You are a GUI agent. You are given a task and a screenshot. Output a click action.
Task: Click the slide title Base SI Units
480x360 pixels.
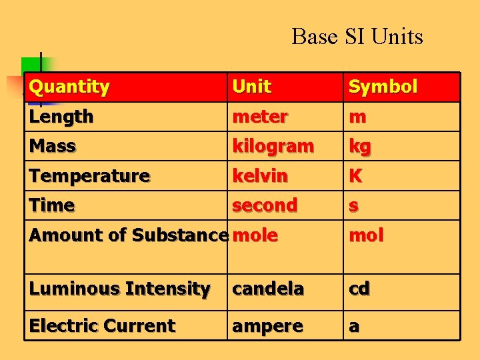tap(357, 36)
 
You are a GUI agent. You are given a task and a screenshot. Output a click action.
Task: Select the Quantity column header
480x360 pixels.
tap(69, 87)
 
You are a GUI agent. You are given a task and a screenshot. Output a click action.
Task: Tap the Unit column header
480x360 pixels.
tap(251, 87)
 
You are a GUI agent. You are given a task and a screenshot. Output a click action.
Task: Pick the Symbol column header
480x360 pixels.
tap(383, 87)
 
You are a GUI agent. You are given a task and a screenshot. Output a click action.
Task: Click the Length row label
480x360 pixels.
tap(61, 117)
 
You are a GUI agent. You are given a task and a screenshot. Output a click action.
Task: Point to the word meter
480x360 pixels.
tap(260, 117)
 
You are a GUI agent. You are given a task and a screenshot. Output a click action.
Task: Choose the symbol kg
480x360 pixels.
tap(360, 147)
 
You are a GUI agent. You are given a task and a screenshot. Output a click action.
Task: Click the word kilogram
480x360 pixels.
tap(273, 146)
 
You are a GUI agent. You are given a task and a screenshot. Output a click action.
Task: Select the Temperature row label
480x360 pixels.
tap(89, 176)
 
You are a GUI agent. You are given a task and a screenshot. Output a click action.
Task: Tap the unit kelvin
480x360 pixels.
tap(260, 176)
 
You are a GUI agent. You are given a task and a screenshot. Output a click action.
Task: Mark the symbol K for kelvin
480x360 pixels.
tap(356, 176)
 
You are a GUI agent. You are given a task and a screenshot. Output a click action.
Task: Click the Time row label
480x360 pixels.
tap(52, 205)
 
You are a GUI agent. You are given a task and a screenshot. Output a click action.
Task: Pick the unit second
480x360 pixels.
tap(265, 205)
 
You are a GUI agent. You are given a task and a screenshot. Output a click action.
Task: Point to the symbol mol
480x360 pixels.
tap(367, 235)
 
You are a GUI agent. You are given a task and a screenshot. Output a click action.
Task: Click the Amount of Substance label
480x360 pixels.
tap(128, 235)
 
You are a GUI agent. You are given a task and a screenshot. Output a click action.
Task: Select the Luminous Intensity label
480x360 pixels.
tap(120, 289)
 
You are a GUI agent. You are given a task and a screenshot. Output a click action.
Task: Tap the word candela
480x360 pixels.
tap(268, 289)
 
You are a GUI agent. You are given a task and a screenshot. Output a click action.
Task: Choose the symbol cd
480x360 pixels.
tap(359, 289)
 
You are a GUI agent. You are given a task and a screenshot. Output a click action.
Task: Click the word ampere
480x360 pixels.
tap(267, 326)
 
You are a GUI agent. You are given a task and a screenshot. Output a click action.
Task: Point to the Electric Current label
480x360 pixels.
tap(102, 326)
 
